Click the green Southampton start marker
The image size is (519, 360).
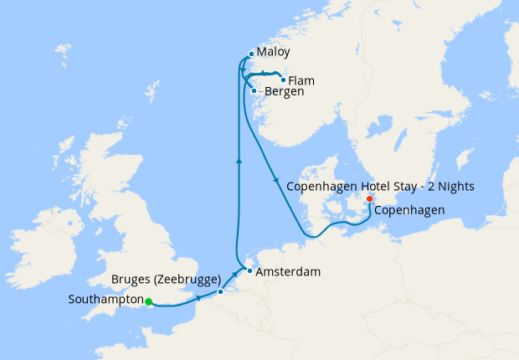click(x=148, y=301)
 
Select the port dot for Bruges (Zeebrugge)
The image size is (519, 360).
click(x=220, y=291)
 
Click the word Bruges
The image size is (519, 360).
click(x=131, y=280)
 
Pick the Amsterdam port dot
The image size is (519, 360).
click(x=249, y=271)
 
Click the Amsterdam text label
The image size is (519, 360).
click(x=289, y=272)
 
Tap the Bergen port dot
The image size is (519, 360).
click(x=254, y=90)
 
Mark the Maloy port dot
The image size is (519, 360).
click(x=250, y=55)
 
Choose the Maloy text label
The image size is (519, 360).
click(x=274, y=52)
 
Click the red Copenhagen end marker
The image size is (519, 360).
click(x=369, y=198)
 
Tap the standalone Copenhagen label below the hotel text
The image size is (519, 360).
click(x=409, y=210)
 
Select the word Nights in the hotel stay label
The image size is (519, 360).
click(x=455, y=186)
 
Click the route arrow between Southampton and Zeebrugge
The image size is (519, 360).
click(x=198, y=297)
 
